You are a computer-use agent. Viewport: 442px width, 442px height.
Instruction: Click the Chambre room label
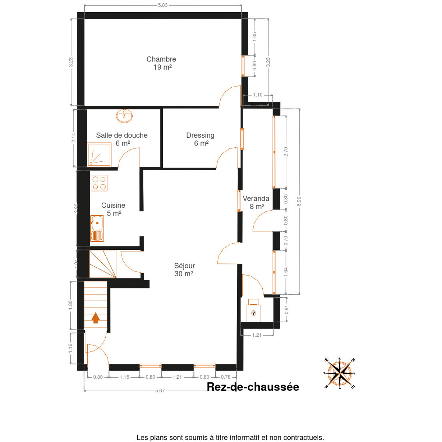click(161, 63)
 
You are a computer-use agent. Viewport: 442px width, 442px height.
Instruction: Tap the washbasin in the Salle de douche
click(124, 116)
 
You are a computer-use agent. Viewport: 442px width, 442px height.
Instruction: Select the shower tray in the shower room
click(99, 155)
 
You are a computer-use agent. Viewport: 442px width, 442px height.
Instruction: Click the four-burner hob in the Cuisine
click(99, 183)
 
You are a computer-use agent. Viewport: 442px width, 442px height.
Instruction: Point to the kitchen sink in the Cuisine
click(97, 228)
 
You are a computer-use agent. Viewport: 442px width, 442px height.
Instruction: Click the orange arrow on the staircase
click(96, 318)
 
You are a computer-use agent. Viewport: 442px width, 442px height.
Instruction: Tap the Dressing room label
click(200, 139)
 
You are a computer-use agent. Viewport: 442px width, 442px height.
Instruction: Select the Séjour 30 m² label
click(184, 270)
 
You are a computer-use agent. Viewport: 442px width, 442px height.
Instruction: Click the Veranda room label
click(256, 202)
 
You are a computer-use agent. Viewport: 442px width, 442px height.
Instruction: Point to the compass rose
click(340, 373)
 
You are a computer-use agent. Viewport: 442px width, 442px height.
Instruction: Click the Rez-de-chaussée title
click(253, 387)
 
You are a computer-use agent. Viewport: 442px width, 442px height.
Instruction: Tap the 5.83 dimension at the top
click(163, 5)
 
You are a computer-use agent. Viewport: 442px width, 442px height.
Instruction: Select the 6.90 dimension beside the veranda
click(299, 201)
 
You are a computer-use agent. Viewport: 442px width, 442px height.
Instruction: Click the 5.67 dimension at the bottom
click(160, 391)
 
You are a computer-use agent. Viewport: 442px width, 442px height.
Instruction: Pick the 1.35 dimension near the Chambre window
click(255, 37)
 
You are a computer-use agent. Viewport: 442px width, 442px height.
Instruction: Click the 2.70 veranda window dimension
click(285, 152)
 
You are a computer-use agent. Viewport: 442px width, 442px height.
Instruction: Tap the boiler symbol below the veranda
click(253, 311)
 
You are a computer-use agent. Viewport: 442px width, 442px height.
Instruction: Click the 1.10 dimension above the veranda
click(257, 95)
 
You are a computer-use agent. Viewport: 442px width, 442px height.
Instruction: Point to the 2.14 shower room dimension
click(73, 138)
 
